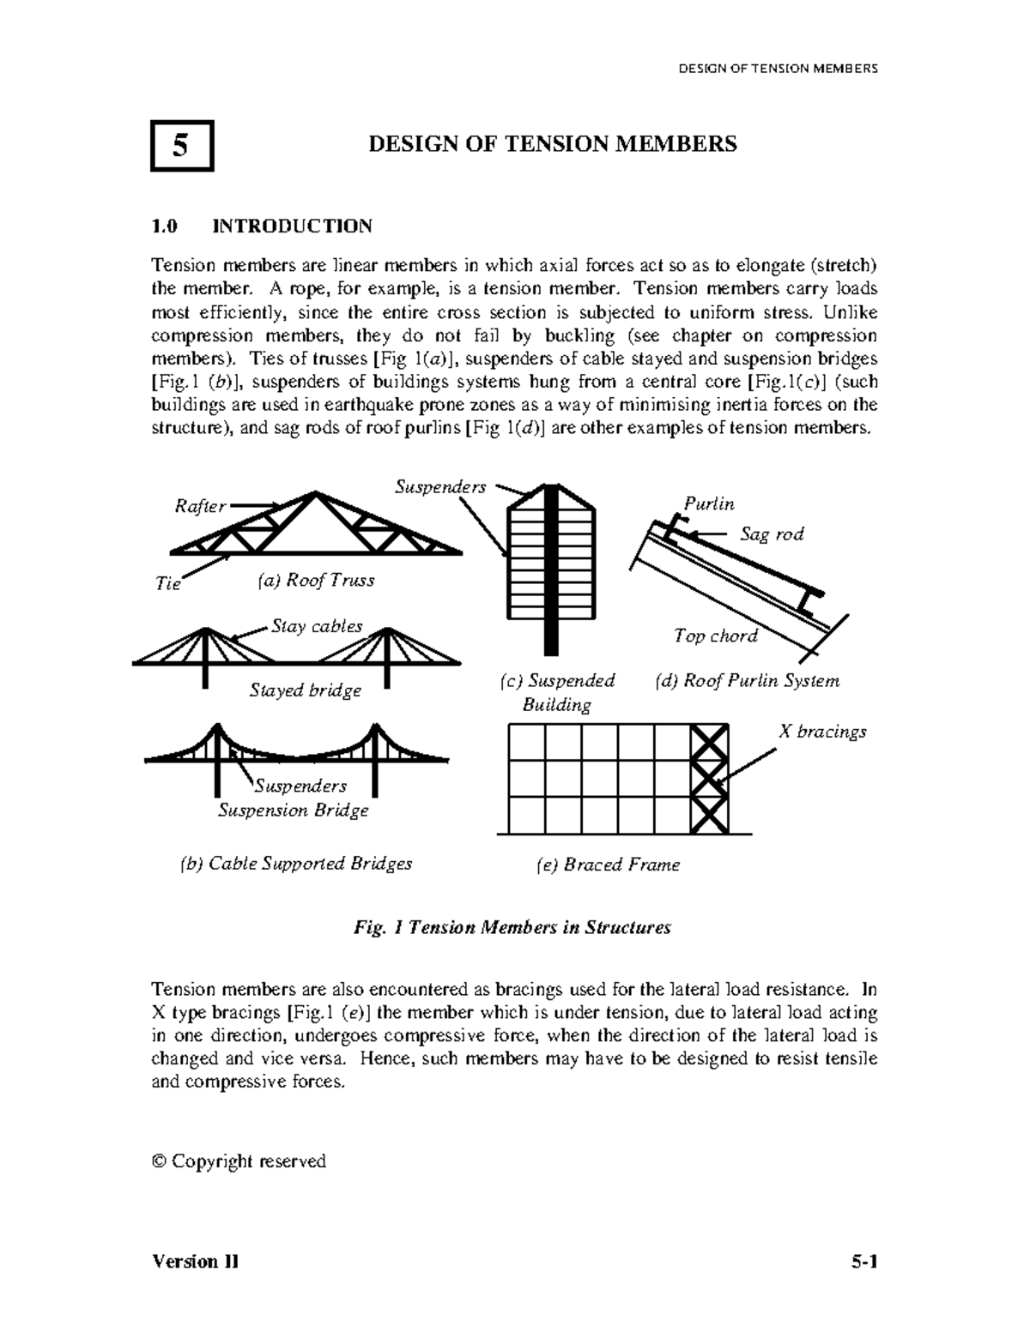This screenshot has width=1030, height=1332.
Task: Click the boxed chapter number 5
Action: [181, 146]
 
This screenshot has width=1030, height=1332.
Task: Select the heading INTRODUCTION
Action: [292, 226]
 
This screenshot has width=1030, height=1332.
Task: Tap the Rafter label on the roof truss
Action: [200, 507]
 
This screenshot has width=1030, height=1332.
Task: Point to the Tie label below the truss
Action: [167, 584]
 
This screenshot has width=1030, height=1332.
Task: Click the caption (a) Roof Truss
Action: [316, 581]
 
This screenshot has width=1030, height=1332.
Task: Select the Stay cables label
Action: [317, 626]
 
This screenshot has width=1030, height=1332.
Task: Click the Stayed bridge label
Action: [305, 690]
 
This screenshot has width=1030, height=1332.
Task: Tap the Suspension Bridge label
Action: [293, 811]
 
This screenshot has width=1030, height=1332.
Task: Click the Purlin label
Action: [708, 504]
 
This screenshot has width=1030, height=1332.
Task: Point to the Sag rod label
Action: [772, 534]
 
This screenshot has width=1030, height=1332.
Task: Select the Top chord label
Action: [715, 636]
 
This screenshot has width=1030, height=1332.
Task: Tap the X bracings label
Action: [821, 732]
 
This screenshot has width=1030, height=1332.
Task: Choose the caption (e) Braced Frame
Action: [607, 865]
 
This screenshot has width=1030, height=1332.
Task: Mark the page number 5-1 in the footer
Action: [864, 1262]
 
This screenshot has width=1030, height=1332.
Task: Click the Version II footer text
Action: [195, 1262]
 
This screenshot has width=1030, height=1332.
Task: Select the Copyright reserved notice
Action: [239, 1161]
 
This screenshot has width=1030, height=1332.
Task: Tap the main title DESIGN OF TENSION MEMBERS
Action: [552, 144]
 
